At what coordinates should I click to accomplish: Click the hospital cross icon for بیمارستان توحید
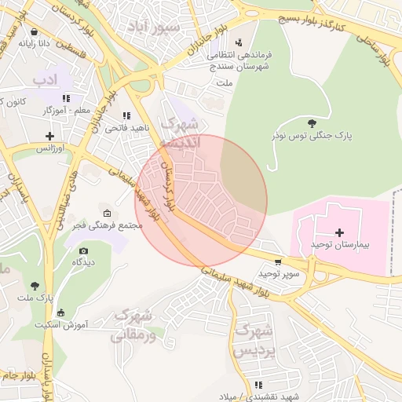pos(339,232)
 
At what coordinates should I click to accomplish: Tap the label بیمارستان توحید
pos(339,246)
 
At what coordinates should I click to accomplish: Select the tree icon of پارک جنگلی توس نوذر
pos(312,122)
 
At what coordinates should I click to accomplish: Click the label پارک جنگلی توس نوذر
pos(312,136)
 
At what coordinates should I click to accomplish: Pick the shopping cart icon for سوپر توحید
pos(278,262)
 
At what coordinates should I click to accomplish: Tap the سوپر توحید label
pos(280,275)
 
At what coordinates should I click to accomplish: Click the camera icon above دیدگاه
pos(83,250)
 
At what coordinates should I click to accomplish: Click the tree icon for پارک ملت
pos(34,286)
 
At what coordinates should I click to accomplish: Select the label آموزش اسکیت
pos(65,323)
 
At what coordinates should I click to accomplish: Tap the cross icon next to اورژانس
pos(49,136)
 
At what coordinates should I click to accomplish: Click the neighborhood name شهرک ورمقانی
pos(131,325)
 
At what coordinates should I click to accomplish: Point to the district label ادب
pos(46,79)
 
